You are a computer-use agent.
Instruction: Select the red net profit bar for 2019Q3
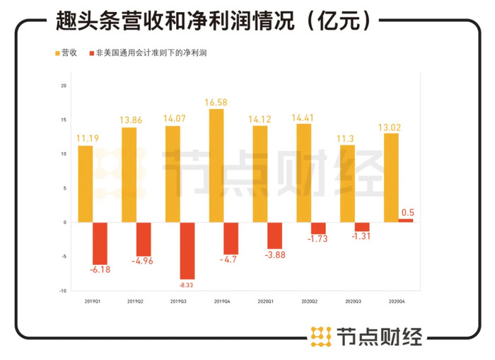[x=187, y=250]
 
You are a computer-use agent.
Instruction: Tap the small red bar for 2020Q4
[x=406, y=220]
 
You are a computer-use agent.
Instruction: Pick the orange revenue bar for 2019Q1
[x=86, y=184]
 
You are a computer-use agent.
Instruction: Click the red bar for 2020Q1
[x=275, y=235]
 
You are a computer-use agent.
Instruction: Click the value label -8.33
[x=187, y=285]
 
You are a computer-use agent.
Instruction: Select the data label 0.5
[x=407, y=211]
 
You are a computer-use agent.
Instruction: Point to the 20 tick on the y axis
[x=63, y=86]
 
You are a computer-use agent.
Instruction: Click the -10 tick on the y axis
[x=62, y=291]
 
